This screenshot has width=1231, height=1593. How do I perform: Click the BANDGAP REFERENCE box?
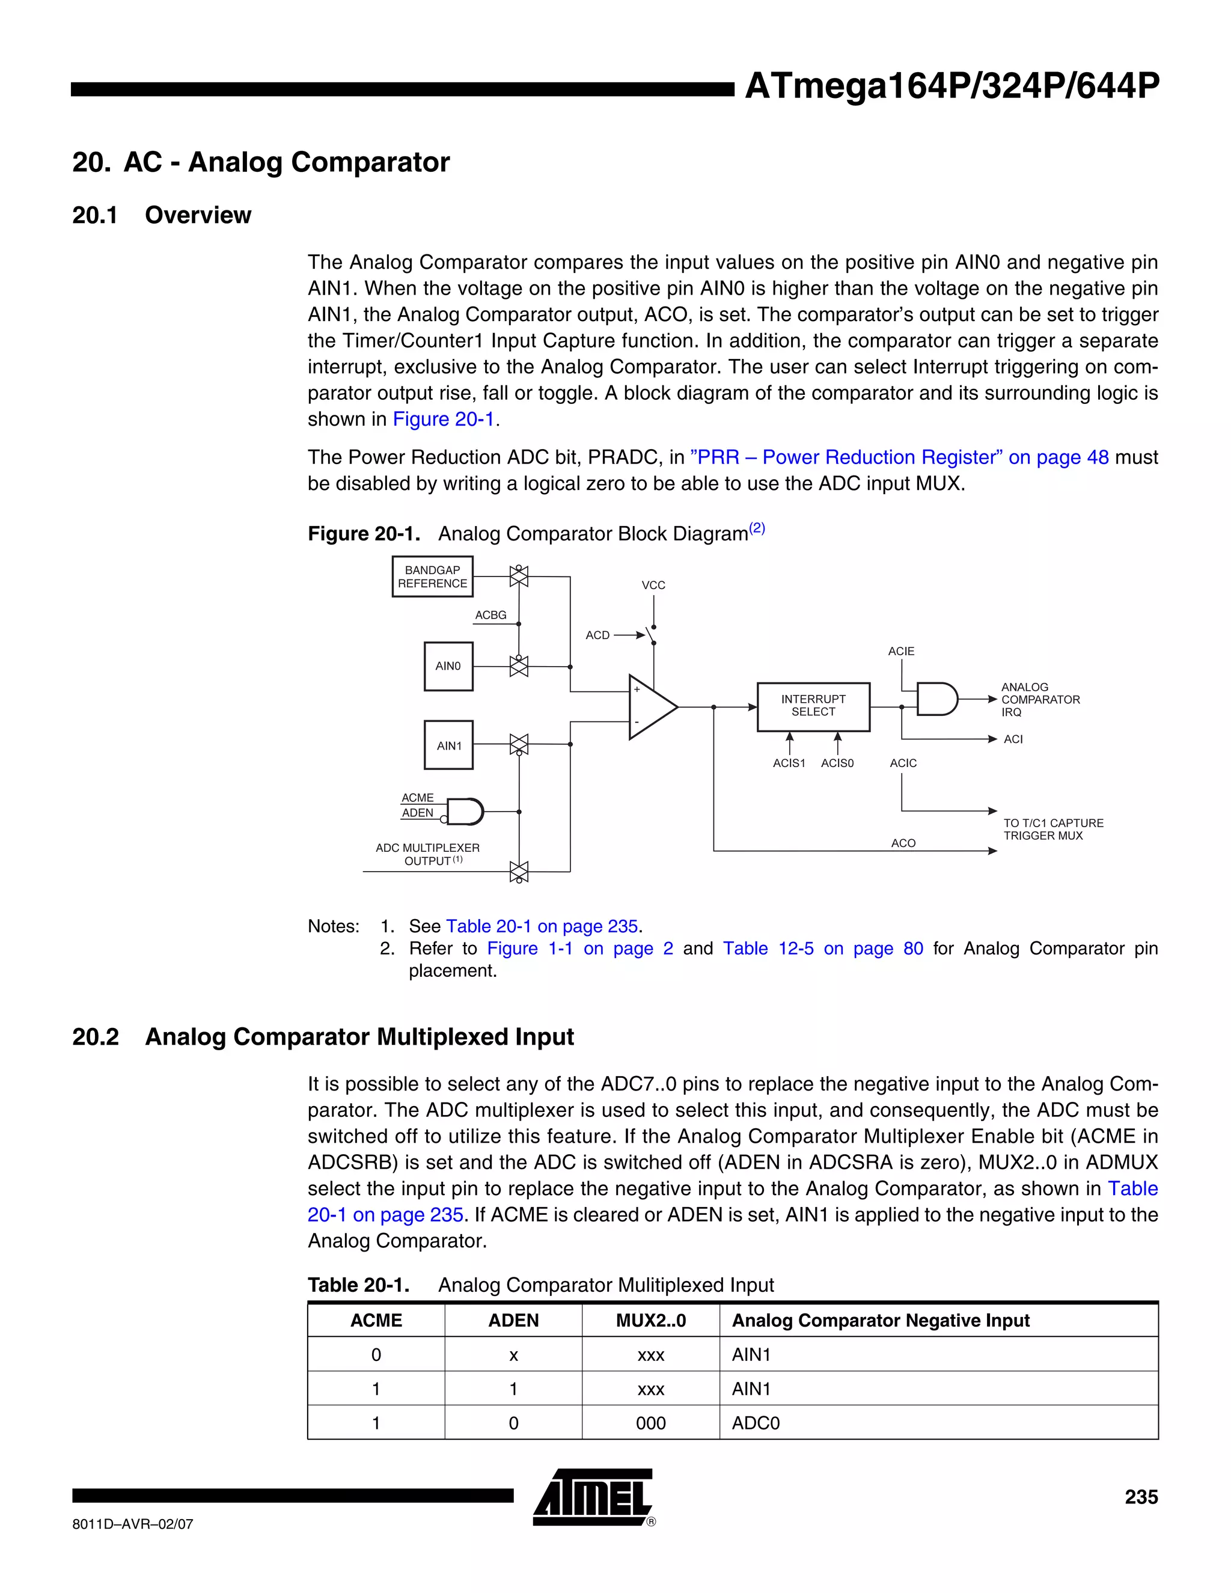[x=432, y=576]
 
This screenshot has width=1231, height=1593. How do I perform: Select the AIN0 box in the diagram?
[x=448, y=666]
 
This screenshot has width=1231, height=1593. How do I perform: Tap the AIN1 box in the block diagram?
[x=448, y=745]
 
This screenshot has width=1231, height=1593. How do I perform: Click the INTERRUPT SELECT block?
[x=813, y=706]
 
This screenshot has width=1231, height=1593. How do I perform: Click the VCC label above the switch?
[x=653, y=585]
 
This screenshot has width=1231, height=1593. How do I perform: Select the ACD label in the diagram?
[x=597, y=635]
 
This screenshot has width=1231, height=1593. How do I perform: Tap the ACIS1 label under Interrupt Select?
[x=789, y=763]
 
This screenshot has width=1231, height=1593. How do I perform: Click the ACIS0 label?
[x=837, y=763]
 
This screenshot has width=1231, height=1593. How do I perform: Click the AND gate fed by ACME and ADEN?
[x=465, y=811]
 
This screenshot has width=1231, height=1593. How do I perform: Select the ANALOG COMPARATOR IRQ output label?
[x=1039, y=700]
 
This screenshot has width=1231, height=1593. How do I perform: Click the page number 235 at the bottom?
[x=1141, y=1497]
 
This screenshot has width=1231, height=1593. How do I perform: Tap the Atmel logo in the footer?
[x=592, y=1497]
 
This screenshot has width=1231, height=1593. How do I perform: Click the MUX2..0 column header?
[x=650, y=1320]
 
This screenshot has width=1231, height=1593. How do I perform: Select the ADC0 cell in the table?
[x=756, y=1423]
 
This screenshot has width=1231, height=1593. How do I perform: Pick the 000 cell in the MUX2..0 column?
[x=650, y=1423]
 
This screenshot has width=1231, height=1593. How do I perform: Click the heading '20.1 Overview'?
[x=161, y=215]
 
